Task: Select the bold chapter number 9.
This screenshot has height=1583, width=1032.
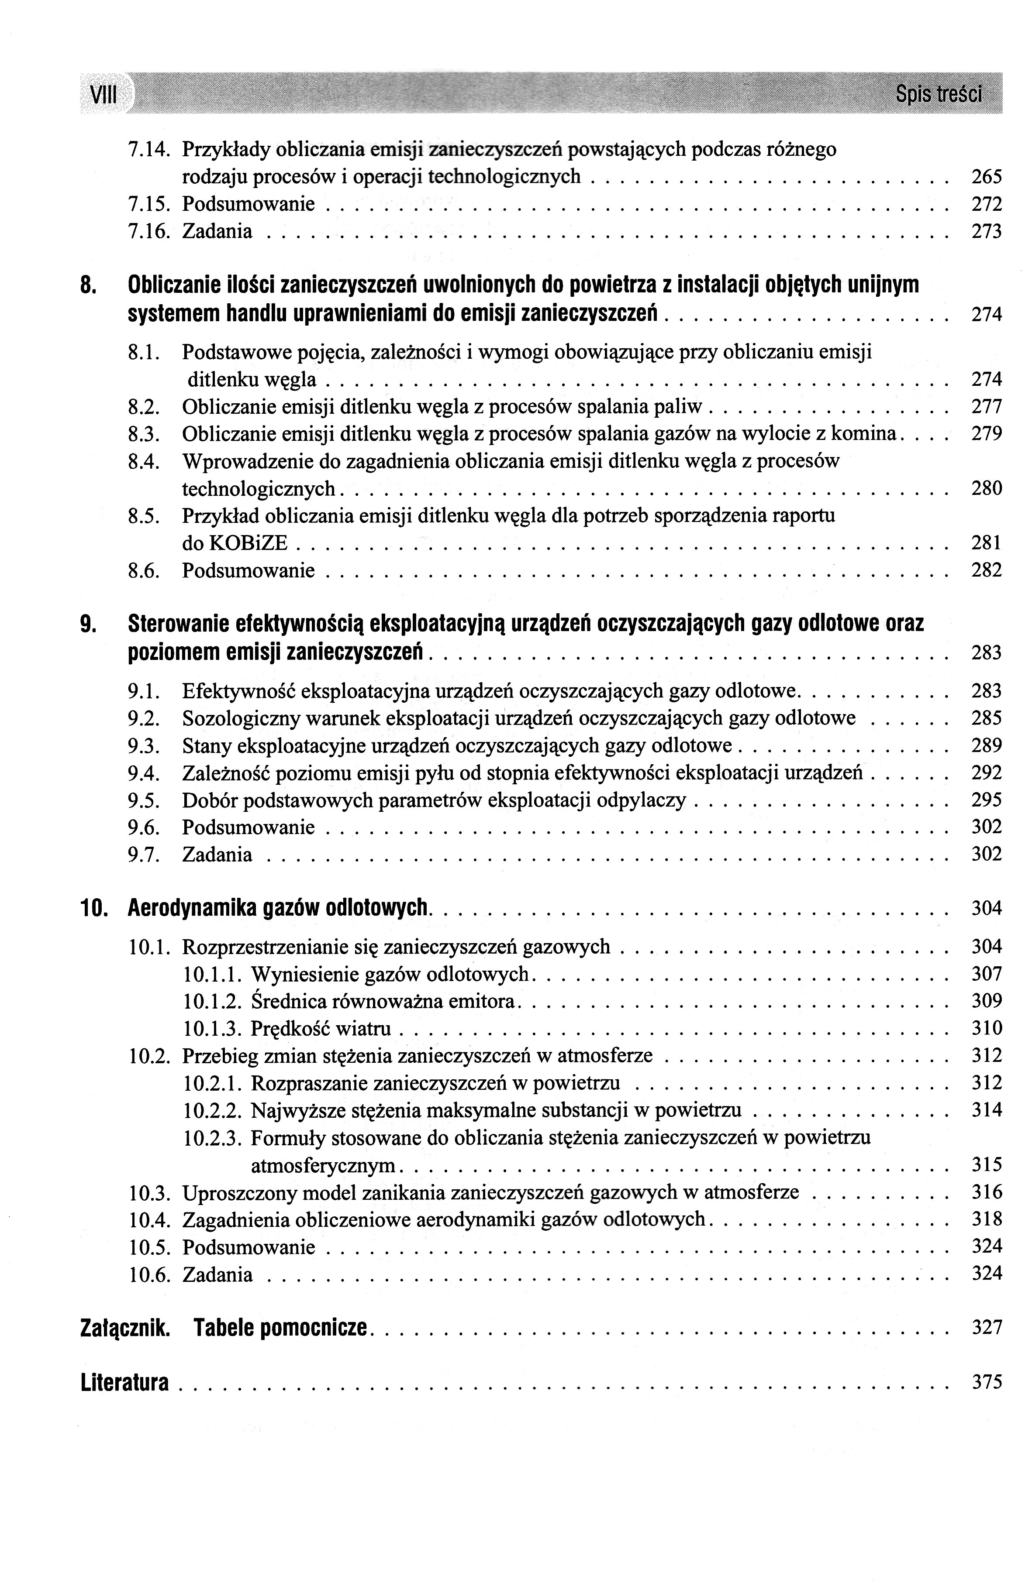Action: [x=86, y=624]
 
